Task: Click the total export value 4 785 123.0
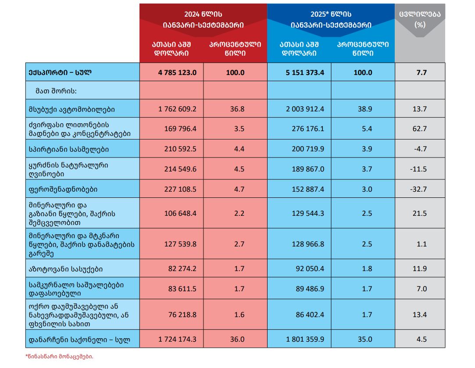click(x=177, y=72)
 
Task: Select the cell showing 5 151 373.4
click(x=305, y=72)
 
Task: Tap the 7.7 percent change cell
click(x=421, y=72)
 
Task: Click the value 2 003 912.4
click(x=305, y=109)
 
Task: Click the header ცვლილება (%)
click(x=420, y=20)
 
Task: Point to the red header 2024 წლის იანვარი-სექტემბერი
click(x=203, y=20)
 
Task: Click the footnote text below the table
click(x=59, y=357)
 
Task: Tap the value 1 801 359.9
click(x=305, y=339)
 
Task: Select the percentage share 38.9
click(x=365, y=109)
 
